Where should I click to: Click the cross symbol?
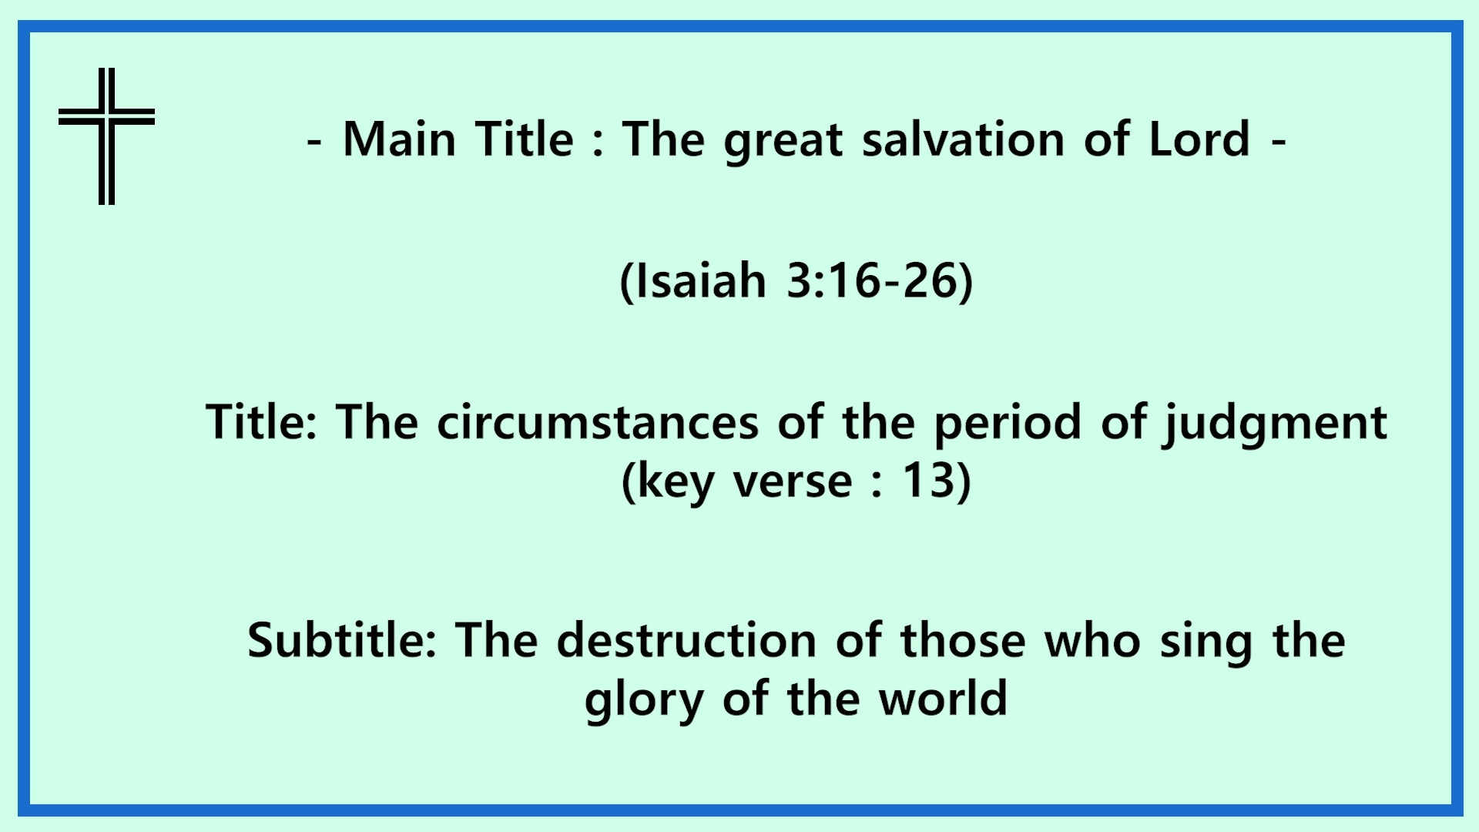(106, 116)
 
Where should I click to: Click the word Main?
(399, 139)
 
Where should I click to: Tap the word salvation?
(963, 139)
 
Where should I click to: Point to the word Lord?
(1199, 139)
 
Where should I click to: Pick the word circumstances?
(598, 422)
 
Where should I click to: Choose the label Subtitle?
(342, 640)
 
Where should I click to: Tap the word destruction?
(686, 640)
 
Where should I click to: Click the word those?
(963, 640)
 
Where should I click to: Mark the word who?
(1092, 640)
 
